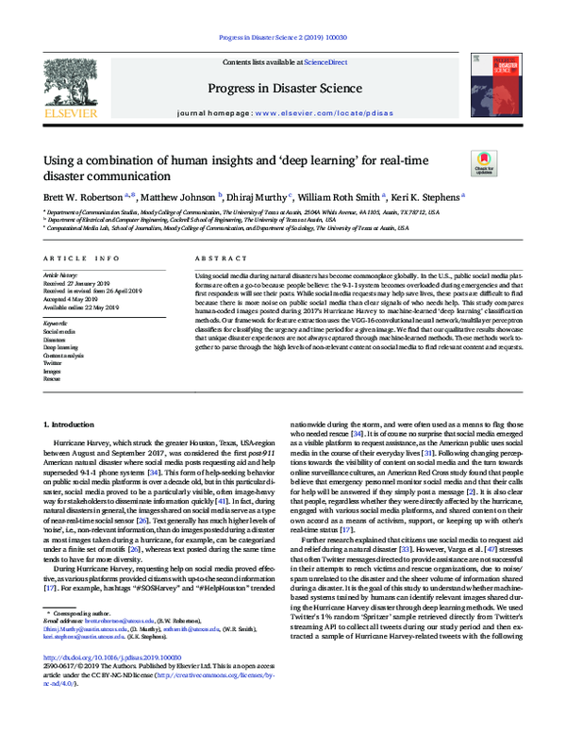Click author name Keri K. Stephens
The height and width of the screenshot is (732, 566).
[x=429, y=197]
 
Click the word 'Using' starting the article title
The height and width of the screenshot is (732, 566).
[x=58, y=161]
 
